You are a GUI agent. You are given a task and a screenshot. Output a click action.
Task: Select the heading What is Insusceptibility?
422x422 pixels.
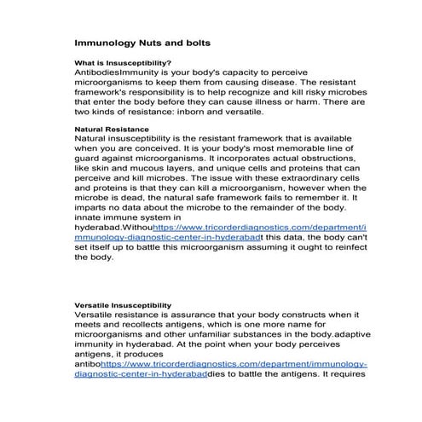123,63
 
